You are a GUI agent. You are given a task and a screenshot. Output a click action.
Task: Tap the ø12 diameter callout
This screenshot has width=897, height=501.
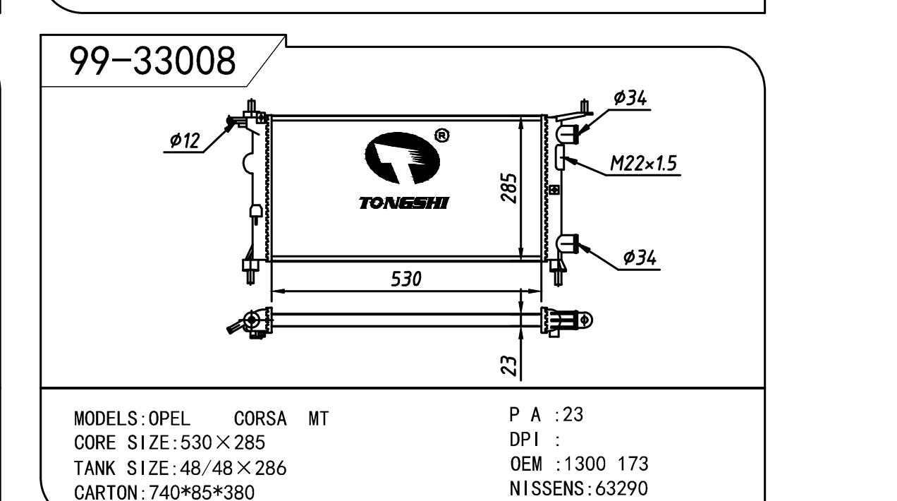point(185,141)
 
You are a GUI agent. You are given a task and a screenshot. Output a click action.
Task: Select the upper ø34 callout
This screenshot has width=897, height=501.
point(630,99)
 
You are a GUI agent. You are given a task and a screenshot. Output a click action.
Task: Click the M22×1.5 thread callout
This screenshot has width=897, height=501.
point(643,164)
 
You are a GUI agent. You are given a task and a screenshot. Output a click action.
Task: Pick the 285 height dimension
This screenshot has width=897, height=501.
point(509,188)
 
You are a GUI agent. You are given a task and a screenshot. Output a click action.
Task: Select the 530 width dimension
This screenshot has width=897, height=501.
point(406,279)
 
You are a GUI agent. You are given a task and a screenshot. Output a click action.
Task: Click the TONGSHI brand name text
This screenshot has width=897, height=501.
point(403,204)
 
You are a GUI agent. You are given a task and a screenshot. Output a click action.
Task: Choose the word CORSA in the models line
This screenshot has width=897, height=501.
point(260,419)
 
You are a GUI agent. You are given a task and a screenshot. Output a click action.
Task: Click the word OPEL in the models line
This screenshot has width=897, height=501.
point(170,419)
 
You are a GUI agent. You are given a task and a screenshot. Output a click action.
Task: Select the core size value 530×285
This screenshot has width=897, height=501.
point(223,443)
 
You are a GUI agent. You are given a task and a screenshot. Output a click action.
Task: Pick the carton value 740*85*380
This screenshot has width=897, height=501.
point(202,491)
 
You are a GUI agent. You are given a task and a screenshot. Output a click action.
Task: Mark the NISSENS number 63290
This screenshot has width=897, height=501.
point(621,488)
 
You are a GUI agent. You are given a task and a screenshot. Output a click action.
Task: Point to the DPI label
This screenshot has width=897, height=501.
point(524,440)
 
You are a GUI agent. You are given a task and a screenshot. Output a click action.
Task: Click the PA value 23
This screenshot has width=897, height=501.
point(573,415)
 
